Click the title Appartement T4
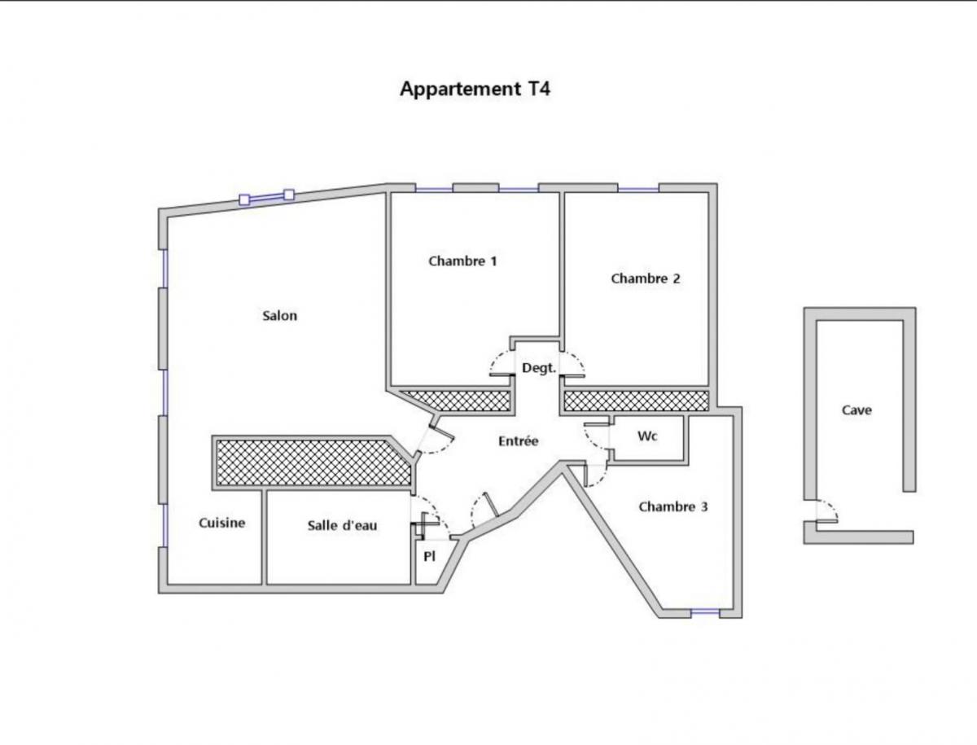475,89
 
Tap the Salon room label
279,316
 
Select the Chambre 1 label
462,261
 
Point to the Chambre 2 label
646,278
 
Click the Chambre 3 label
673,506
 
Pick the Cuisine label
222,523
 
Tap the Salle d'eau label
342,525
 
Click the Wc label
647,436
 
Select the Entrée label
519,441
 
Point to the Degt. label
538,368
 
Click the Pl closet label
429,557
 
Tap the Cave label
857,410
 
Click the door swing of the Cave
828,511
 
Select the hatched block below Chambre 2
636,400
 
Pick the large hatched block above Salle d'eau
309,462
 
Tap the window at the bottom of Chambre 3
705,612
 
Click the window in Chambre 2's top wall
638,189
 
